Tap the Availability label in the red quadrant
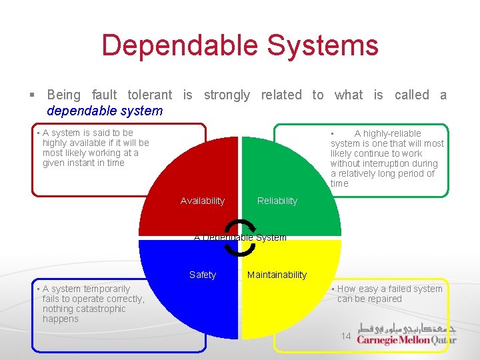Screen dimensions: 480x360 pyautogui.click(x=203, y=201)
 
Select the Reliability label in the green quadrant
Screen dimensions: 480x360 pyautogui.click(x=277, y=201)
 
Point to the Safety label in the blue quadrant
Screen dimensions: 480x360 pyautogui.click(x=203, y=275)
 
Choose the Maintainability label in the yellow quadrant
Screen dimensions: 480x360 pyautogui.click(x=277, y=275)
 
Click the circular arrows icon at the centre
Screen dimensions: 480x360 pyautogui.click(x=239, y=237)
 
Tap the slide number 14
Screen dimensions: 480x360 pyautogui.click(x=346, y=336)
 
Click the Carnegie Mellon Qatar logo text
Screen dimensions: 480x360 pyautogui.click(x=407, y=340)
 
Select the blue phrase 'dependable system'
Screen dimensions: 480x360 pyautogui.click(x=105, y=111)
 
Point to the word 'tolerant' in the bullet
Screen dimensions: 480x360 pyautogui.click(x=149, y=95)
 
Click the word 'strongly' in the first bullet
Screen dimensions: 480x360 pyautogui.click(x=227, y=95)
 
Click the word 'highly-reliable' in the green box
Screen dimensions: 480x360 pyautogui.click(x=388, y=133)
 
